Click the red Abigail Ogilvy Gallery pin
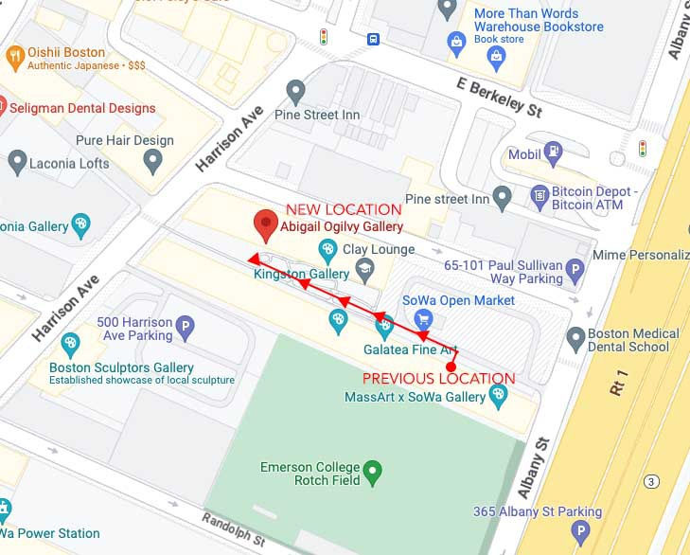266,225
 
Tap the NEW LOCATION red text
344,209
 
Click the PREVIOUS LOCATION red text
439,379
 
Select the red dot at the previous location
451,367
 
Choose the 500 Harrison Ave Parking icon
186,329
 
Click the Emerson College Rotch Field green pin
373,468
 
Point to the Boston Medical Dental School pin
575,337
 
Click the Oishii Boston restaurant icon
14,59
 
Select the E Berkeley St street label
499,98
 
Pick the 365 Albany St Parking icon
581,532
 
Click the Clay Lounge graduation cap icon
364,273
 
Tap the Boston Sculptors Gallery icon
69,343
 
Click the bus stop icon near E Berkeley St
375,39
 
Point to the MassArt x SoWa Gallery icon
499,397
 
